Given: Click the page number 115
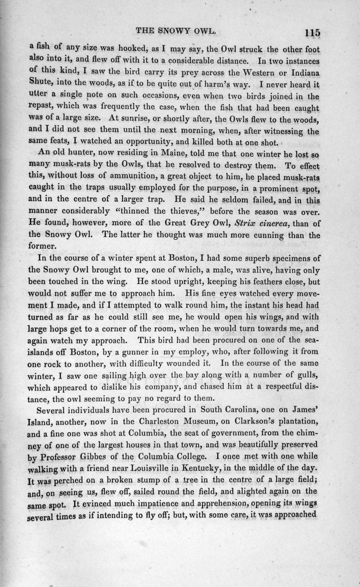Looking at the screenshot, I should (311, 33).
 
